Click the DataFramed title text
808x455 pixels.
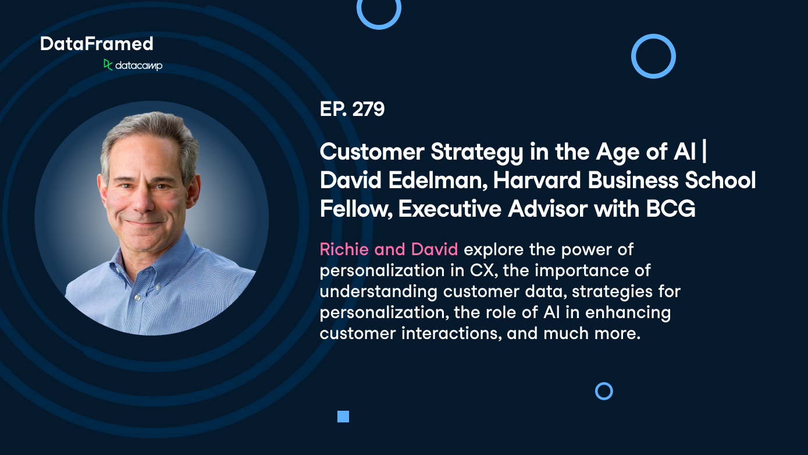pos(97,44)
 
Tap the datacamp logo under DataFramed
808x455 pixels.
pos(133,65)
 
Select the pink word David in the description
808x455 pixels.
pos(434,249)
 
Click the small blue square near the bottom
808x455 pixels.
pos(343,416)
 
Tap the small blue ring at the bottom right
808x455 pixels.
pos(604,391)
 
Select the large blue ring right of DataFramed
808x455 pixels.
pos(653,56)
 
